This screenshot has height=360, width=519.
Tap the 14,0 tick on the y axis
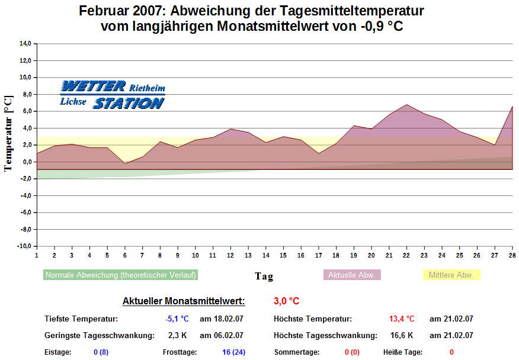25,43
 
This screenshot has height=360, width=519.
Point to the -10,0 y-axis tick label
24,246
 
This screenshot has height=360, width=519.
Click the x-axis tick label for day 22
406,255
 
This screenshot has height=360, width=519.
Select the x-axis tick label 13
248,255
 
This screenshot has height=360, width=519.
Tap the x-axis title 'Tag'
264,276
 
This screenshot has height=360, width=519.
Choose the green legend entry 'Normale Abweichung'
120,275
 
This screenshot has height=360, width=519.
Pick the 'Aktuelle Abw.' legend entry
352,275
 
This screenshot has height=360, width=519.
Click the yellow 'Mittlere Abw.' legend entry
451,275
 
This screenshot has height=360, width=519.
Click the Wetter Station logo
112,95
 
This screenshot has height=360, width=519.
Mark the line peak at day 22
406,105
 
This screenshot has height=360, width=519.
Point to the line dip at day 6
124,163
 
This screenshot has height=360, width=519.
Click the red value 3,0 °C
286,301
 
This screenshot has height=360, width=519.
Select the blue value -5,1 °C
177,319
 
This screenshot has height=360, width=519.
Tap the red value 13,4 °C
402,319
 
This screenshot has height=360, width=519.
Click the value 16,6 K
401,335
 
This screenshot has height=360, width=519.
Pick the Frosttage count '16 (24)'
233,352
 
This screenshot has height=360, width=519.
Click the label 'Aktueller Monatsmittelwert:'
184,301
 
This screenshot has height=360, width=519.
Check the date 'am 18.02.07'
222,319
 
